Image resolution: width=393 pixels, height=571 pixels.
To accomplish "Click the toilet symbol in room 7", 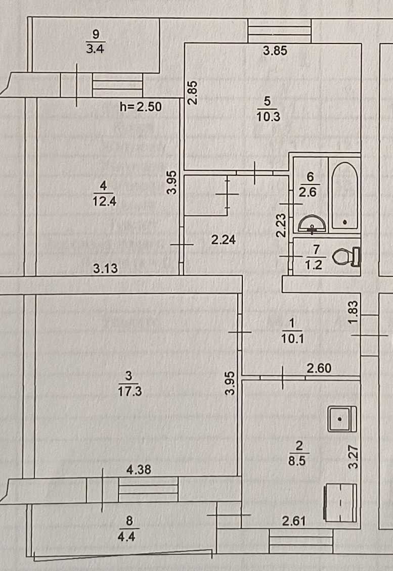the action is (x=346, y=256).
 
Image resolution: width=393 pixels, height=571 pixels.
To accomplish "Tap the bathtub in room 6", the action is (x=344, y=196).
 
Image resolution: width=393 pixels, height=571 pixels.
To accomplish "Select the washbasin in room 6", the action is (x=312, y=224).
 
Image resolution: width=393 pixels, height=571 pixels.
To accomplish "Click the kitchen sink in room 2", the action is (x=341, y=419).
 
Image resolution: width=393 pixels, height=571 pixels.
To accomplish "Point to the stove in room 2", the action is (x=340, y=503).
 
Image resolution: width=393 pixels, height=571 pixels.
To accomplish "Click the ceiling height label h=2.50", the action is (x=141, y=107).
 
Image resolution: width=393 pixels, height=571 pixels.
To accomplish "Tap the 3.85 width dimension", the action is (x=275, y=51).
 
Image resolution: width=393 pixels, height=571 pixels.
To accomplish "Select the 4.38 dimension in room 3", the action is (x=139, y=469).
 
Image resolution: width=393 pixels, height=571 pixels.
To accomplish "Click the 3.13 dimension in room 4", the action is (x=105, y=268).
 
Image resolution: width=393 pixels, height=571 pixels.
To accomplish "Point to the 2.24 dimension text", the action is (x=224, y=240).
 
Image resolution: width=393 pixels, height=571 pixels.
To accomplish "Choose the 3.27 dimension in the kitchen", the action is (x=353, y=457).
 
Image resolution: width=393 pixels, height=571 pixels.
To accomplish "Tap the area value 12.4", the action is (x=104, y=201).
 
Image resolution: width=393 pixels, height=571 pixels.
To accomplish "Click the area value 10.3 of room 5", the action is (x=268, y=117).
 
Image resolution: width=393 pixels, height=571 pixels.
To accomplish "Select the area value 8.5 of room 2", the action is (x=297, y=461).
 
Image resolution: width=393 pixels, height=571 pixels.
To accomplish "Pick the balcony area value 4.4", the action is (x=126, y=537).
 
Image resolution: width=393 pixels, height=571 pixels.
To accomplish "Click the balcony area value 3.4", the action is (x=95, y=49).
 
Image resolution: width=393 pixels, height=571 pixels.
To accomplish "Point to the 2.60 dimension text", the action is (x=319, y=368).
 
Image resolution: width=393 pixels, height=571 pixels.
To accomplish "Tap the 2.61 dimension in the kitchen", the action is (x=294, y=521).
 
